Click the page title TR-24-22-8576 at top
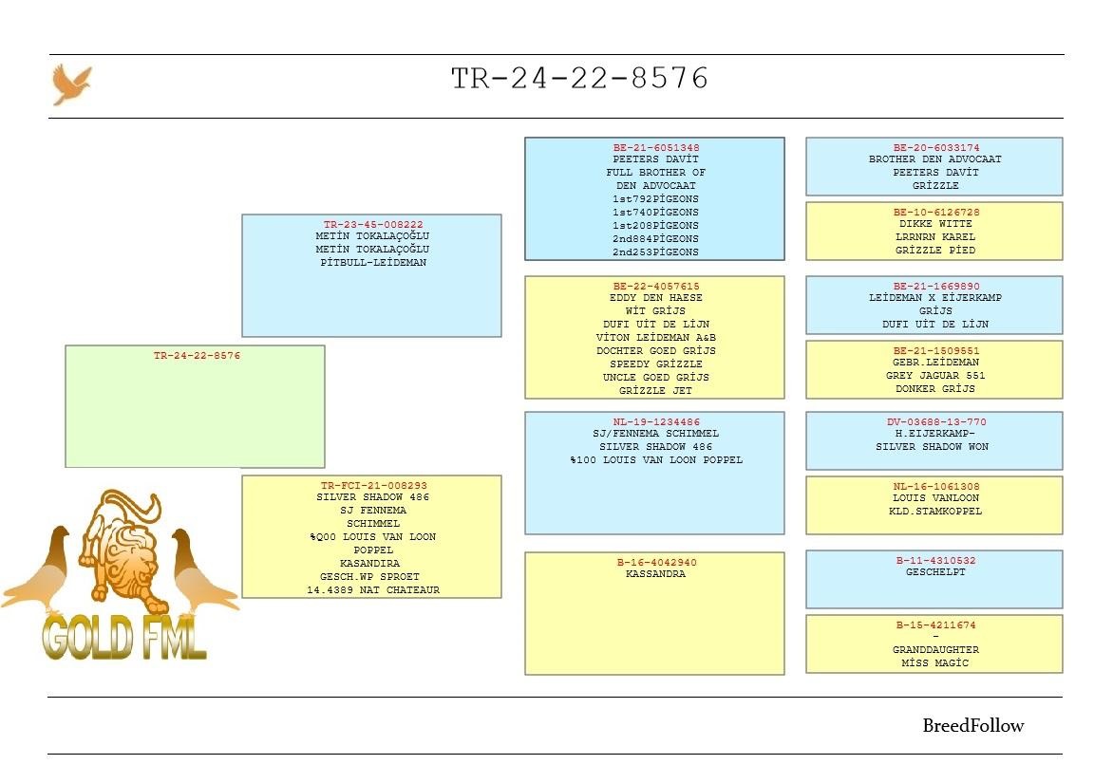(x=579, y=78)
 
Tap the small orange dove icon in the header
(x=71, y=84)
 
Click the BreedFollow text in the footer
(x=972, y=725)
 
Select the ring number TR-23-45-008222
(x=372, y=224)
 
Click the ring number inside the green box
(x=197, y=355)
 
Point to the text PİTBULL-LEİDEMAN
(x=372, y=262)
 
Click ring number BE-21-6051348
(x=656, y=147)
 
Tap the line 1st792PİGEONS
(x=655, y=199)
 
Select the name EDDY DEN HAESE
(x=655, y=298)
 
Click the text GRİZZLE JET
(x=655, y=391)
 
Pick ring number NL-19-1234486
(x=656, y=421)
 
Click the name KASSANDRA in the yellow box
(x=655, y=574)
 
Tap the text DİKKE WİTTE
(x=934, y=223)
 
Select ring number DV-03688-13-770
(x=935, y=421)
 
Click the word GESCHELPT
(x=934, y=571)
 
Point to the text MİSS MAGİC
(x=934, y=663)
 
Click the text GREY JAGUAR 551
(x=934, y=375)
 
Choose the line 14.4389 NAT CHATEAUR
(x=372, y=590)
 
